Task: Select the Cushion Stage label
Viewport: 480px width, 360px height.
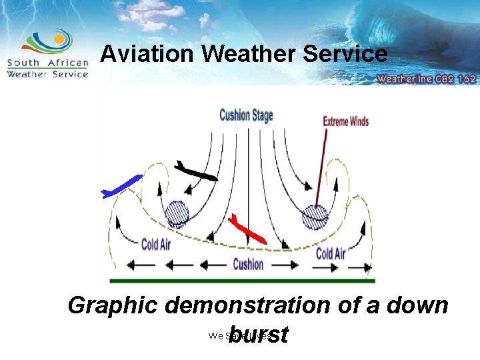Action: coord(246,115)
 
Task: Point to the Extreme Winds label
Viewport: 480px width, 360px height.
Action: coord(345,121)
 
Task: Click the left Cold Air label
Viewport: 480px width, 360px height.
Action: coord(155,244)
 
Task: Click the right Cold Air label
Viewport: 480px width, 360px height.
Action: coord(330,253)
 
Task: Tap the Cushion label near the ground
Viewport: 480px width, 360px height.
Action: coord(248,264)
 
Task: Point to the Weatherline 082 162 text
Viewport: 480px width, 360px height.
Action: coord(426,78)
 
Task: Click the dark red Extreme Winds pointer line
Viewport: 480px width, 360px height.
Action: coord(321,167)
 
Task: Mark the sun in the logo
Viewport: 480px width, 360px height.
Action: coord(59,39)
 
